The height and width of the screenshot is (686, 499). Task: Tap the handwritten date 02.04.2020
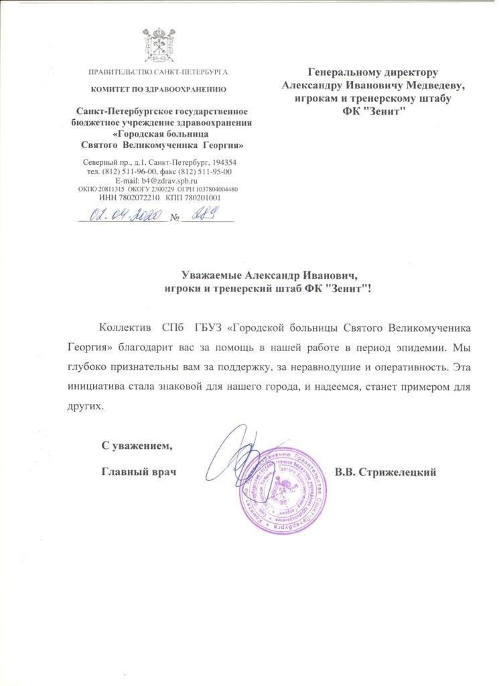tap(123, 216)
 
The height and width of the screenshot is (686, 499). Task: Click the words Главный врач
tap(138, 472)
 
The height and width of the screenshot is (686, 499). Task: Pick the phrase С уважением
tap(137, 445)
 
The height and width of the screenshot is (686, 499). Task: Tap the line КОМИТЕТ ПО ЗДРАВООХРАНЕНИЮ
tap(159, 88)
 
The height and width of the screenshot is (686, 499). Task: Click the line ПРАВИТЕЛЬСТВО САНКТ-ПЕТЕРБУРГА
tap(159, 72)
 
